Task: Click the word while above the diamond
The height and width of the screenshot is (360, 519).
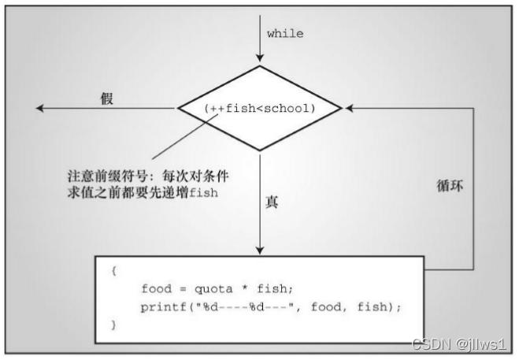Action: [284, 34]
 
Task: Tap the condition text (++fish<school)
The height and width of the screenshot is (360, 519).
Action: [259, 108]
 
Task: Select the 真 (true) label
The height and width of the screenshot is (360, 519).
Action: [272, 202]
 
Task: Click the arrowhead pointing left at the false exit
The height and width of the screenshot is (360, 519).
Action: [39, 109]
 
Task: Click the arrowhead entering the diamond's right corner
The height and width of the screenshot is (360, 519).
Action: [347, 109]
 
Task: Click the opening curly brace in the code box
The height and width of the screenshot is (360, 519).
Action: [115, 269]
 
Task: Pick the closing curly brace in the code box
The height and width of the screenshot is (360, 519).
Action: [115, 325]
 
